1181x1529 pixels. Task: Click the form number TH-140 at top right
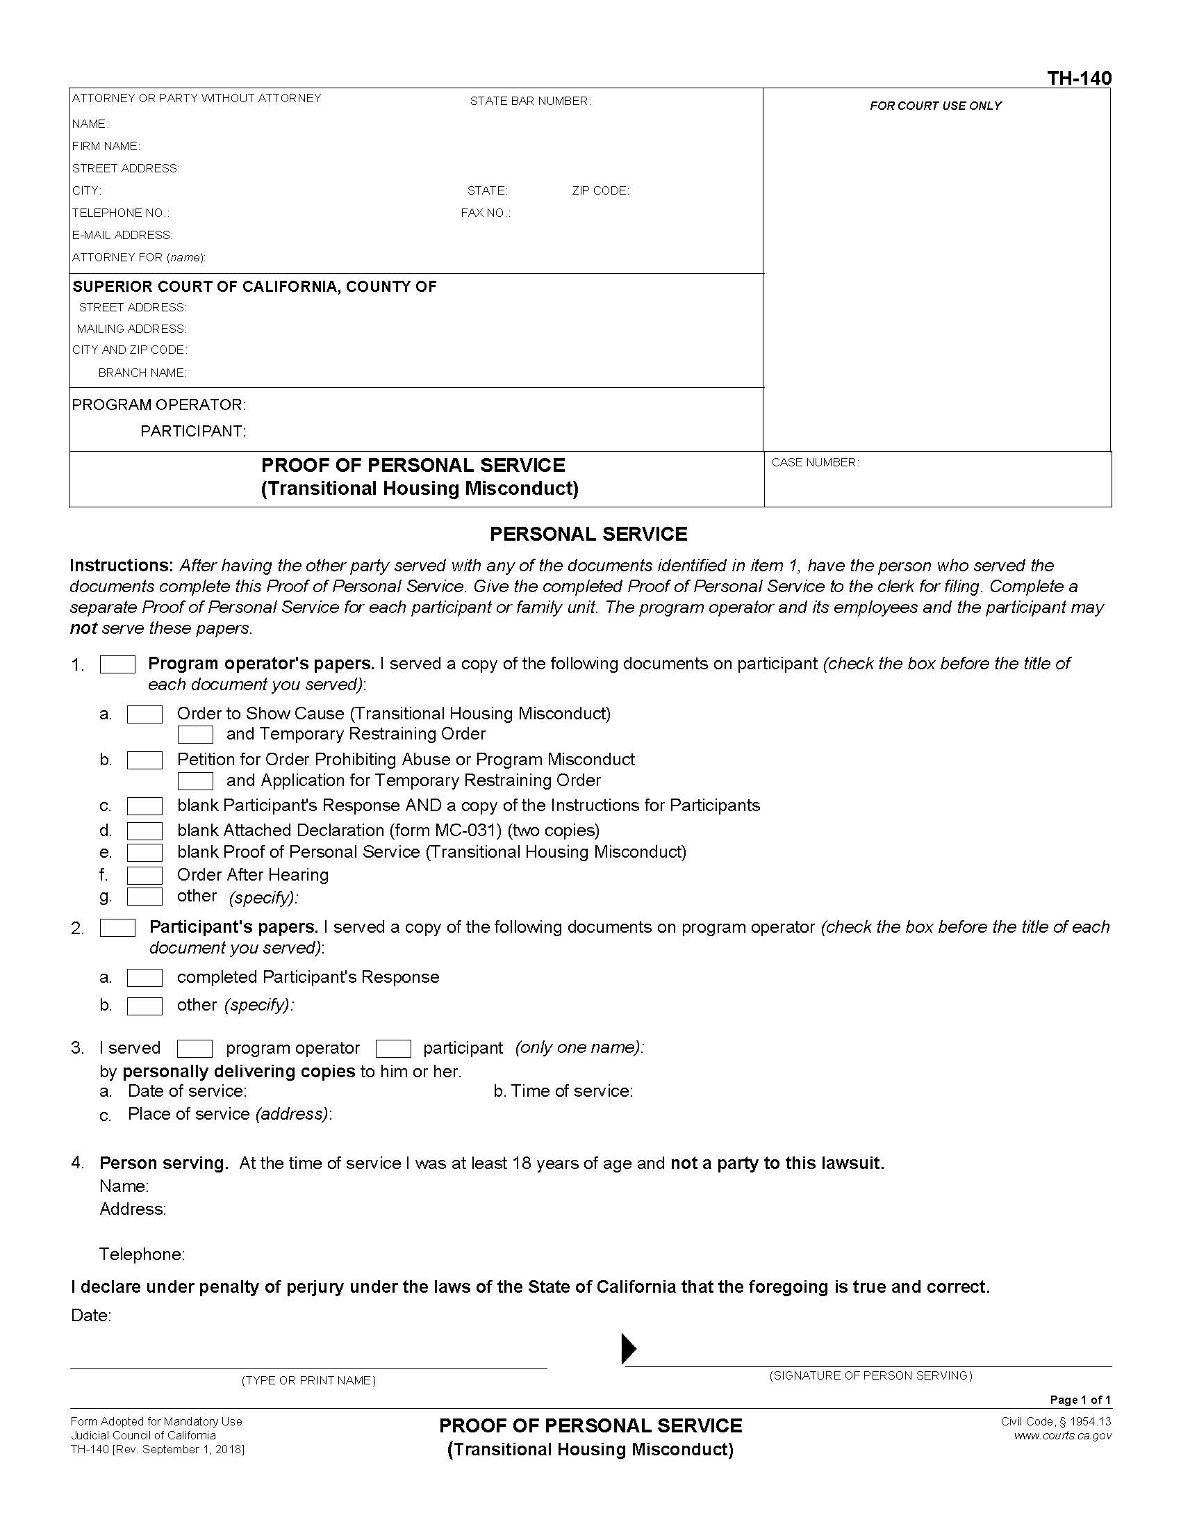click(x=1079, y=78)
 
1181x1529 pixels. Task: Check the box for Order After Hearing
click(x=144, y=875)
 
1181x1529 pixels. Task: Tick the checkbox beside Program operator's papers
click(x=117, y=664)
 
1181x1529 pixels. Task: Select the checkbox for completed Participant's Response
click(x=144, y=977)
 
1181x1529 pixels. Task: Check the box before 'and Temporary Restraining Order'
click(x=195, y=735)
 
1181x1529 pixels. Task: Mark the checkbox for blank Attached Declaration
click(x=144, y=831)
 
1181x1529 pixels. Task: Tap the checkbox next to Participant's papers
click(x=117, y=928)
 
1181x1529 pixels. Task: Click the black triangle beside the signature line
click(x=629, y=1348)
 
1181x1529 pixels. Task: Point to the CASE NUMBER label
click(x=815, y=463)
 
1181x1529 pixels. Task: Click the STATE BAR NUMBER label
click(x=530, y=101)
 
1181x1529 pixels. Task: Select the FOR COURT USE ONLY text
click(x=936, y=106)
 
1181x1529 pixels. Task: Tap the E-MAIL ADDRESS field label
click(x=122, y=235)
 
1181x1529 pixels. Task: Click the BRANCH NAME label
click(x=142, y=373)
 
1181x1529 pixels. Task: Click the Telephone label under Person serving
click(x=142, y=1254)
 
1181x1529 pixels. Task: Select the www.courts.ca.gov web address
click(x=1062, y=1435)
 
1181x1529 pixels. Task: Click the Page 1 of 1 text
click(x=1080, y=1400)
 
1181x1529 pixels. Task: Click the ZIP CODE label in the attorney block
click(x=600, y=191)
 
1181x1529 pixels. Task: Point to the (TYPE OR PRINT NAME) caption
click(x=308, y=1380)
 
